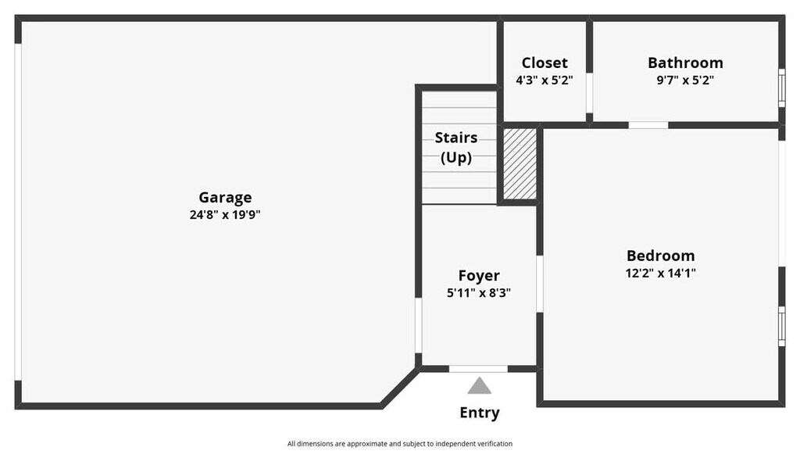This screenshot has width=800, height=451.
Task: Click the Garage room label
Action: click(x=225, y=198)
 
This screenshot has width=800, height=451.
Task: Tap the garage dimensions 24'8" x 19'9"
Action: click(x=225, y=215)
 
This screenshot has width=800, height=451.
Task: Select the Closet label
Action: click(x=545, y=63)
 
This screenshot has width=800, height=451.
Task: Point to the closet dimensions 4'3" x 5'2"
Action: click(x=545, y=80)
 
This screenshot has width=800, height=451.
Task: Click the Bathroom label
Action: click(x=685, y=63)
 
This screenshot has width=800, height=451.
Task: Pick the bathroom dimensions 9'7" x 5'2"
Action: click(x=685, y=80)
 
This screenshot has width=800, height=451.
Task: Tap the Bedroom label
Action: click(x=660, y=256)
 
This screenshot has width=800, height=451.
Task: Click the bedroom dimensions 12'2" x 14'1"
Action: click(x=660, y=273)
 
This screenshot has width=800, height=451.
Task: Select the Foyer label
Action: click(x=479, y=275)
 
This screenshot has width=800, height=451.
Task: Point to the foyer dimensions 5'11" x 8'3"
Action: click(x=479, y=293)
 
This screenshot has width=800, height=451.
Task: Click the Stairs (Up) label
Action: click(x=456, y=147)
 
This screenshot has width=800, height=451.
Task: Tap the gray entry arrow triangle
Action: click(x=480, y=386)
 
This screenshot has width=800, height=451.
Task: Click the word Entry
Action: click(x=480, y=413)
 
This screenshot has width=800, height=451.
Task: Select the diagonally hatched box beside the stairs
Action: click(x=520, y=163)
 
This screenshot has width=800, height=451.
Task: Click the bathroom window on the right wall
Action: click(x=781, y=88)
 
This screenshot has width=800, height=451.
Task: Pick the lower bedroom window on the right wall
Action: click(x=781, y=326)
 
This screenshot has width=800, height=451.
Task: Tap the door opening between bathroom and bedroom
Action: click(x=648, y=125)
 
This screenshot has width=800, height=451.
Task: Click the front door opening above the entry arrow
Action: click(x=478, y=369)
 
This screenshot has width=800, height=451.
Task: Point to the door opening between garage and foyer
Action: click(x=419, y=325)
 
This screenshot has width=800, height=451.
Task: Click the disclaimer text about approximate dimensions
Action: click(x=400, y=443)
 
